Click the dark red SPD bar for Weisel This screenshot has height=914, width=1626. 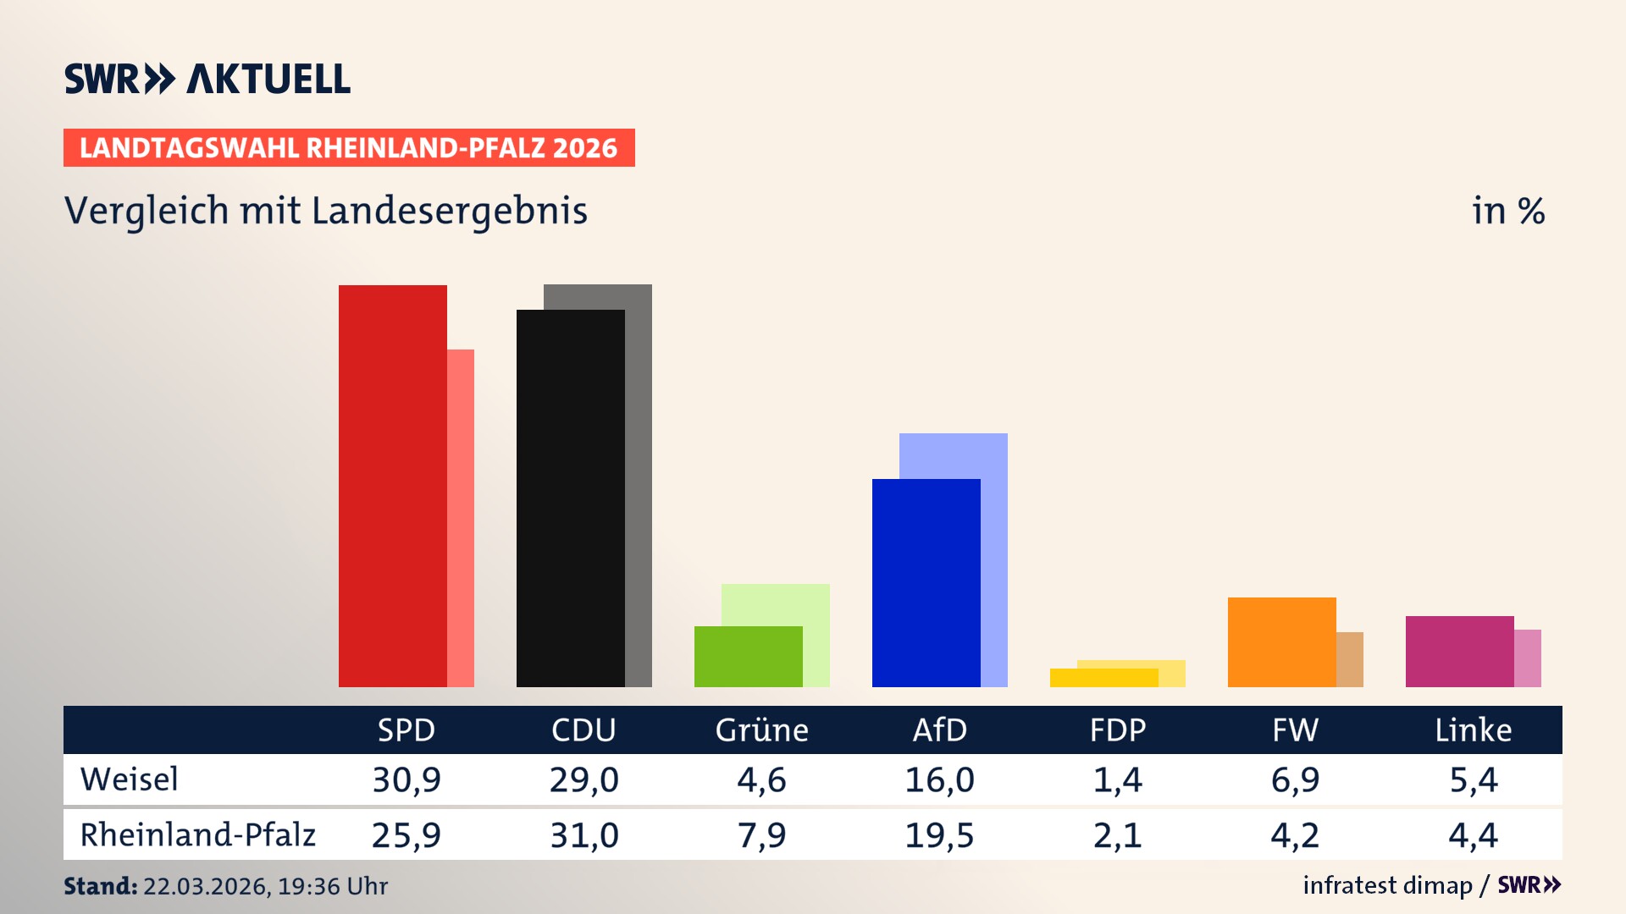[x=393, y=486]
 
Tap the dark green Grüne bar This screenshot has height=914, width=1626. [x=749, y=657]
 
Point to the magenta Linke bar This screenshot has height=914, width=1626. [x=1460, y=651]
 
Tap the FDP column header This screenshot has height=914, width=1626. [x=1118, y=730]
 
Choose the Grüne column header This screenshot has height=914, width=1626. [x=761, y=730]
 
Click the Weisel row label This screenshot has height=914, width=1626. [x=130, y=779]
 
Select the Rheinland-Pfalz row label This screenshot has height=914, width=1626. [x=198, y=835]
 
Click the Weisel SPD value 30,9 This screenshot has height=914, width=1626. [x=406, y=779]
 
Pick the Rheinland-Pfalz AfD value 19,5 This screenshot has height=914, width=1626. [x=939, y=835]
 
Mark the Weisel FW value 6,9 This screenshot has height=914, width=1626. [x=1295, y=779]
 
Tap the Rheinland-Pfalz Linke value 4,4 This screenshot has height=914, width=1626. [x=1473, y=835]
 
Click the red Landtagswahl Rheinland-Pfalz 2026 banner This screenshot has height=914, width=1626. [x=349, y=148]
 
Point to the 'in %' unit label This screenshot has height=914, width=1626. [x=1508, y=211]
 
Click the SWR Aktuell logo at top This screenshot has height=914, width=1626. [x=207, y=79]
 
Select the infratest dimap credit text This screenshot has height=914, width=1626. [x=1387, y=885]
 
